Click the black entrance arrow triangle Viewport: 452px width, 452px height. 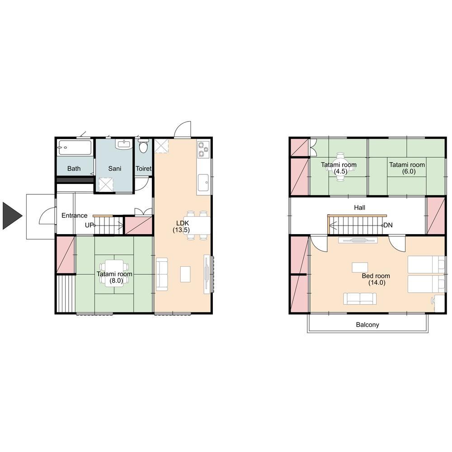[x=12, y=216]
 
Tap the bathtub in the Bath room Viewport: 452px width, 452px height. [x=75, y=148]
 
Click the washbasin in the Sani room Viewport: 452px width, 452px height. [x=124, y=144]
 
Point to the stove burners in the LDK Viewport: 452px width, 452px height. [x=203, y=149]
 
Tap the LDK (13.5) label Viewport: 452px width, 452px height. [x=182, y=226]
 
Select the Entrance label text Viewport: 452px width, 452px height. [x=75, y=215]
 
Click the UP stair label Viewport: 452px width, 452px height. [x=89, y=225]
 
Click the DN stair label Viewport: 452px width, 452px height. [x=388, y=225]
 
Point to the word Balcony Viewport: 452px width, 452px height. [x=367, y=325]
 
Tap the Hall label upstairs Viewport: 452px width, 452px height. [x=359, y=207]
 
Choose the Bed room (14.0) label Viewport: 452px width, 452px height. [x=376, y=279]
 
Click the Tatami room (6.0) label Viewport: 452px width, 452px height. [x=407, y=168]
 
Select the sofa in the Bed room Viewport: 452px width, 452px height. [x=360, y=299]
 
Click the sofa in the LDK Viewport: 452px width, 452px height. [x=162, y=274]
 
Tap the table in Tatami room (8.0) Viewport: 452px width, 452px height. [x=114, y=273]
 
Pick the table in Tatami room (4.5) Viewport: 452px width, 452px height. [x=340, y=167]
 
